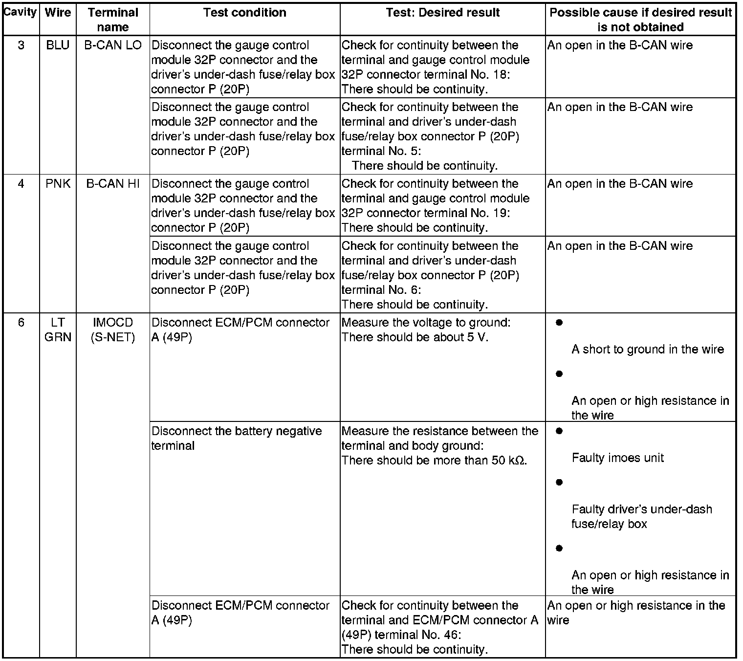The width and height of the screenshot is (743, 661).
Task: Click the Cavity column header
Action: (x=20, y=12)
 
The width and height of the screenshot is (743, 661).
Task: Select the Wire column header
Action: (x=58, y=13)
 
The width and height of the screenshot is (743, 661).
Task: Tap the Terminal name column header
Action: (x=113, y=20)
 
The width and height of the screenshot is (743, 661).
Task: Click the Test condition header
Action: (x=244, y=13)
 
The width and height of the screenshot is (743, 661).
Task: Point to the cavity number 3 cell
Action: (x=21, y=45)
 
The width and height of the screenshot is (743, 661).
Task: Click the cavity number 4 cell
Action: (x=21, y=184)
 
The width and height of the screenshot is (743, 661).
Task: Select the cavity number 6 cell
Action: (x=21, y=323)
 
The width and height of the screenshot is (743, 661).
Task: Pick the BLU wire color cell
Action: (x=58, y=45)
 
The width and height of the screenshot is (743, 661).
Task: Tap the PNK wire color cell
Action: (x=58, y=184)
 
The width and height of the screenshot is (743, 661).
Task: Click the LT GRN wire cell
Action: (x=58, y=330)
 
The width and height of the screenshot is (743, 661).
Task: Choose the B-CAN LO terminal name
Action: (x=113, y=45)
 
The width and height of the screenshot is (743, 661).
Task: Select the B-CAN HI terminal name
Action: (x=113, y=184)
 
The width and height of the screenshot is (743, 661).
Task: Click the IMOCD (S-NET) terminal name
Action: (x=113, y=330)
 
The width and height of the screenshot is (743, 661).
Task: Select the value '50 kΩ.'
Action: (x=509, y=461)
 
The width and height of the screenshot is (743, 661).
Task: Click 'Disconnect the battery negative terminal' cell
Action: (x=237, y=438)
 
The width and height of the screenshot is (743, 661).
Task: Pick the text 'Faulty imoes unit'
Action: (x=617, y=458)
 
